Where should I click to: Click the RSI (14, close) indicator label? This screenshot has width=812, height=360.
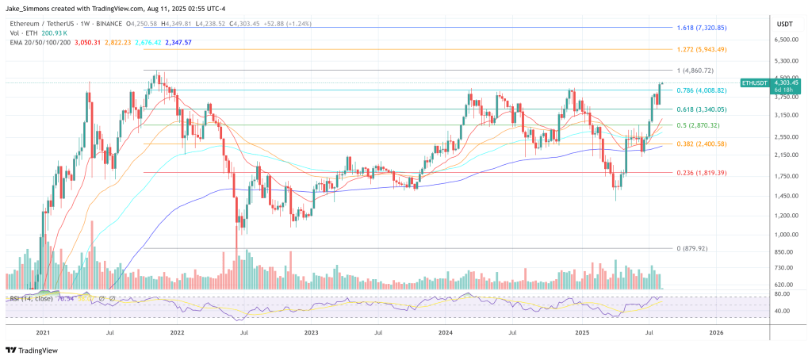32,298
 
